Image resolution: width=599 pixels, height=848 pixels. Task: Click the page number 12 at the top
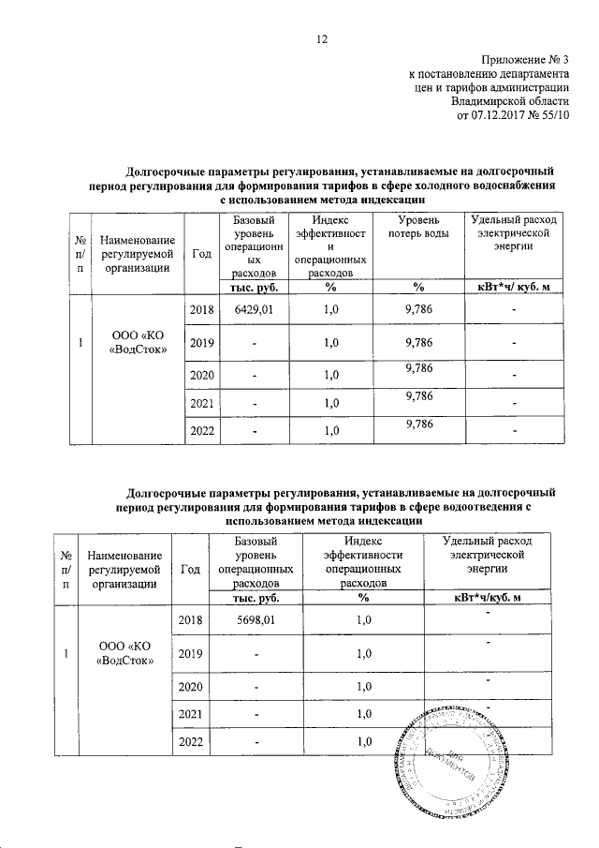322,38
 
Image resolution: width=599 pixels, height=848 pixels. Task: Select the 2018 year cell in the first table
202,310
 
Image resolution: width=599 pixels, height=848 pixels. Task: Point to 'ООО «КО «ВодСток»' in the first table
139,343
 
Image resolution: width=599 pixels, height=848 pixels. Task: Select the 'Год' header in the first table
200,253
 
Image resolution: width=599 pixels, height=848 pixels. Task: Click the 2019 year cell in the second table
191,653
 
